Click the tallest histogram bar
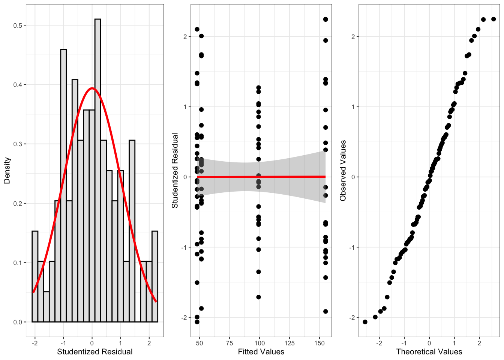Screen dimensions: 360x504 pyautogui.click(x=97, y=169)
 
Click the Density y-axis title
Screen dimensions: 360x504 pyautogui.click(x=7, y=171)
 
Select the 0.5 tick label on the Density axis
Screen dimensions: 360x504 pyautogui.click(x=18, y=25)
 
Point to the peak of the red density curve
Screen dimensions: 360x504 pyautogui.click(x=92, y=88)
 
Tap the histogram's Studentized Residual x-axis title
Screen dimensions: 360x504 pyautogui.click(x=95, y=352)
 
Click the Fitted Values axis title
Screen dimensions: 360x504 pyautogui.click(x=261, y=352)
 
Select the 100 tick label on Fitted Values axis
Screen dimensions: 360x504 pyautogui.click(x=259, y=343)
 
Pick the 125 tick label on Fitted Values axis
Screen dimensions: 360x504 pyautogui.click(x=289, y=343)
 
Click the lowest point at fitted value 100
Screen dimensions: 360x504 pyautogui.click(x=258, y=297)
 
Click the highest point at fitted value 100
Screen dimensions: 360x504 pyautogui.click(x=258, y=88)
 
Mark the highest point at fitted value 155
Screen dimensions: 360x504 pyautogui.click(x=325, y=19)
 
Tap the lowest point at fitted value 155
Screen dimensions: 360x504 pyautogui.click(x=325, y=311)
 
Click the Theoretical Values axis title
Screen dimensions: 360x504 pyautogui.click(x=429, y=352)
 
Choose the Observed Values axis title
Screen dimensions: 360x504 pyautogui.click(x=343, y=171)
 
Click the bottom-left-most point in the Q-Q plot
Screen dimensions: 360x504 pyautogui.click(x=365, y=322)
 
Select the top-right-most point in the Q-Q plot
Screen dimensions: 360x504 pyautogui.click(x=493, y=19)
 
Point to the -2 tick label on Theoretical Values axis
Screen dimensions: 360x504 pyautogui.click(x=379, y=343)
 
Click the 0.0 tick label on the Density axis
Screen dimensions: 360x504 pyautogui.click(x=18, y=322)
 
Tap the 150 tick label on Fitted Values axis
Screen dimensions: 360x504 pyautogui.click(x=319, y=343)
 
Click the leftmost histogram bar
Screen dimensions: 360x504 pyautogui.click(x=35, y=276)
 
